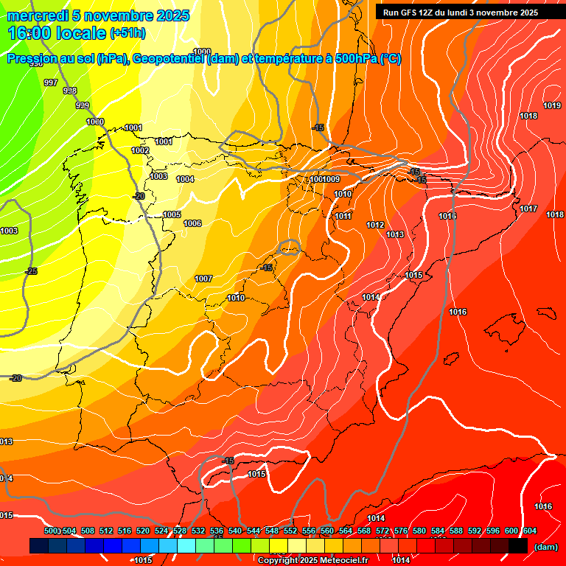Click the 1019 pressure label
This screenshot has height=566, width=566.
(x=552, y=106)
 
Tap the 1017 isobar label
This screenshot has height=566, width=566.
(x=528, y=209)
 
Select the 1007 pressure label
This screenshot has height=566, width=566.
(x=203, y=279)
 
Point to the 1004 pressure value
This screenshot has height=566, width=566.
(x=186, y=180)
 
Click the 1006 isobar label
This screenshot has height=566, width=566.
(x=192, y=224)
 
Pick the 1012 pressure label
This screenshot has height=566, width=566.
(x=375, y=226)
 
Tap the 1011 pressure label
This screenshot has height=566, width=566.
(x=343, y=217)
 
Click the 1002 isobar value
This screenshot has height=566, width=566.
(x=140, y=151)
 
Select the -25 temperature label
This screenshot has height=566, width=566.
(x=31, y=272)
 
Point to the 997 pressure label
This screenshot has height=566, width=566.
(x=51, y=83)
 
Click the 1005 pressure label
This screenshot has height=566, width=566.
(x=172, y=215)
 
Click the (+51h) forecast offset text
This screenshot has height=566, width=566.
(x=127, y=33)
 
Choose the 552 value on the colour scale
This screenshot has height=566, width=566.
(x=290, y=531)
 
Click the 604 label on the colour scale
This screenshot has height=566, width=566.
(x=529, y=531)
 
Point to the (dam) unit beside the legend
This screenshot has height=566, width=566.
(x=545, y=547)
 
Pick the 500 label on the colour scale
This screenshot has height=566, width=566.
(x=51, y=531)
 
